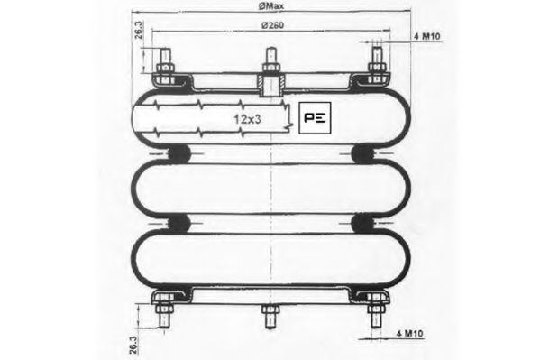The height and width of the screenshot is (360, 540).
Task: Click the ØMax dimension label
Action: [266, 7]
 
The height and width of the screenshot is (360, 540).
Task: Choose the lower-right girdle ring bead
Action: [366, 222]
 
